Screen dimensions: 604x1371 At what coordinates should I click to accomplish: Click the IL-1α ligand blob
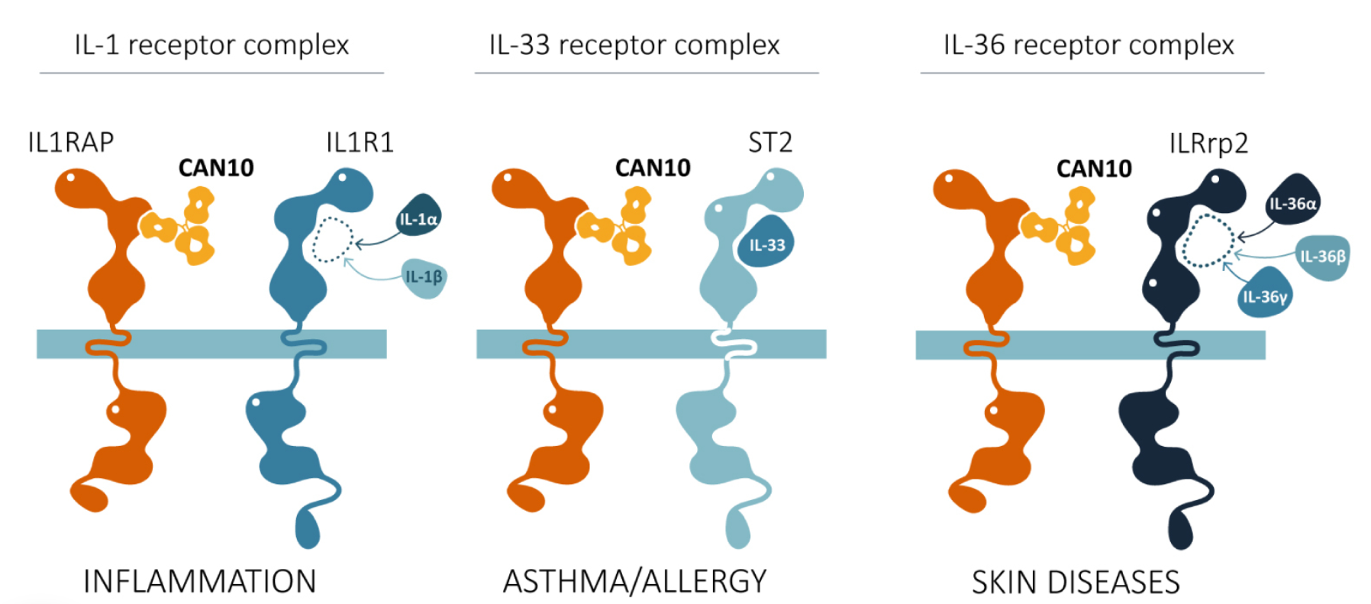point(419,218)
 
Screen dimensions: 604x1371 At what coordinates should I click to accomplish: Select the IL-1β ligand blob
point(424,277)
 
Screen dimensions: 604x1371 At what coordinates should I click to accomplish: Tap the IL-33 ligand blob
point(766,244)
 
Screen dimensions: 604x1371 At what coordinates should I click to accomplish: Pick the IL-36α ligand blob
point(1292,203)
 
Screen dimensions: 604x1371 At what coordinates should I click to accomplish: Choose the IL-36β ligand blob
point(1322,257)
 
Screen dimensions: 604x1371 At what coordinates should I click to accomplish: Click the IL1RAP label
point(70,142)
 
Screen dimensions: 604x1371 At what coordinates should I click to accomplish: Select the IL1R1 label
point(360,142)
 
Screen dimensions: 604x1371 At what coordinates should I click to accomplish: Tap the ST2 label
point(769,142)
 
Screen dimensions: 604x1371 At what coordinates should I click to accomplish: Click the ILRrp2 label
point(1208,144)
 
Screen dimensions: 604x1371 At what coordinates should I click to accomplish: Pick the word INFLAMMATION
point(199,581)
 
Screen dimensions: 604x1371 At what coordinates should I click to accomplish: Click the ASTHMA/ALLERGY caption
point(634,581)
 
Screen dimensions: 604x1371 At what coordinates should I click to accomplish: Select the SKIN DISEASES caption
point(1076,582)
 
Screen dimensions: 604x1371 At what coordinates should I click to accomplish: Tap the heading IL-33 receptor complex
point(634,45)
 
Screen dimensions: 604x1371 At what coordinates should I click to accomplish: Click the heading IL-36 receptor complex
point(1089,45)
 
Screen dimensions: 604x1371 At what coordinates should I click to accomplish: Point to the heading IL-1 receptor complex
point(211,45)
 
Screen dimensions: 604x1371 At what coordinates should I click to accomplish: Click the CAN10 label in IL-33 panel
point(653,167)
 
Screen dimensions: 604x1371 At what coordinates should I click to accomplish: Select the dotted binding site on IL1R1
point(332,240)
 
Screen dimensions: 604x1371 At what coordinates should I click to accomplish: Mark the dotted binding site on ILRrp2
point(1208,241)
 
